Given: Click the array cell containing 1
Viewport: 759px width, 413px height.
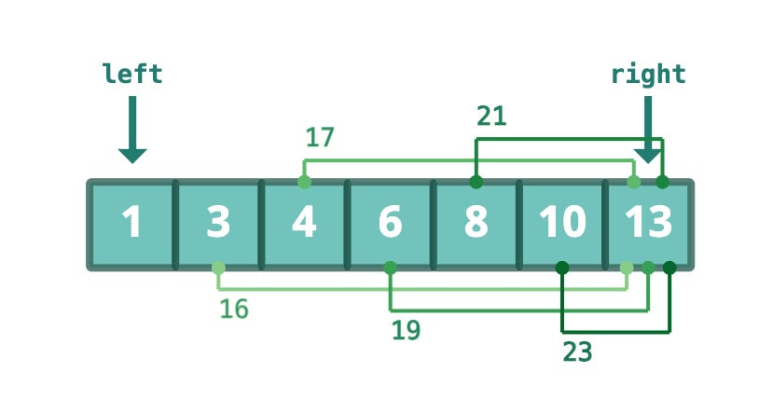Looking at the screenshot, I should (x=131, y=225).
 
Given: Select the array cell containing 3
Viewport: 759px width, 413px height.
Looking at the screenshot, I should (x=217, y=225).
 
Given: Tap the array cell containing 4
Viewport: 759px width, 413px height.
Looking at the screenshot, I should (x=304, y=225).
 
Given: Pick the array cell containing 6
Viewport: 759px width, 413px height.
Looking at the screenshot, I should (x=390, y=225).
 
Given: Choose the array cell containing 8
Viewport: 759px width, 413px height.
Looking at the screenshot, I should (x=476, y=225).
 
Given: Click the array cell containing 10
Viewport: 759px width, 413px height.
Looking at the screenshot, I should (x=562, y=225).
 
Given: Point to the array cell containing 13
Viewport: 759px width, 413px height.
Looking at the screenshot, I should (x=648, y=225).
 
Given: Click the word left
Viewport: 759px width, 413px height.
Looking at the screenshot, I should (x=132, y=75).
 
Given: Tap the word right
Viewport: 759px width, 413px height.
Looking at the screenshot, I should (x=648, y=75).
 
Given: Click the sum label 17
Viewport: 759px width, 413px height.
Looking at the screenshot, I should (x=320, y=138).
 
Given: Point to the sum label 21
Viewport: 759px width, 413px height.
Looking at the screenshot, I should (x=491, y=116).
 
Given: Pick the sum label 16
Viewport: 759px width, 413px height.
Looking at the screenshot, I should (x=234, y=309).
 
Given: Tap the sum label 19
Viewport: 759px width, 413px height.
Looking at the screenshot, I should (x=406, y=329).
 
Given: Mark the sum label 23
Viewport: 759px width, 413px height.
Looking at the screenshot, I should (x=578, y=351).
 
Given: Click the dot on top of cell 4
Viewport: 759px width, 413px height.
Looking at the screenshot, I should (x=304, y=181).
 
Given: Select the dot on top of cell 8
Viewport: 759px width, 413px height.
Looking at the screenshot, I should (x=476, y=181).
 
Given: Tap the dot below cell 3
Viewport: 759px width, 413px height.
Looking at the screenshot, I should (x=218, y=268).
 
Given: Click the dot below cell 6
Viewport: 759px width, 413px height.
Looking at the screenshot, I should (x=390, y=268).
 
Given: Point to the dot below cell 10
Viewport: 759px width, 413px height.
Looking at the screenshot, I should (x=562, y=268).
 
